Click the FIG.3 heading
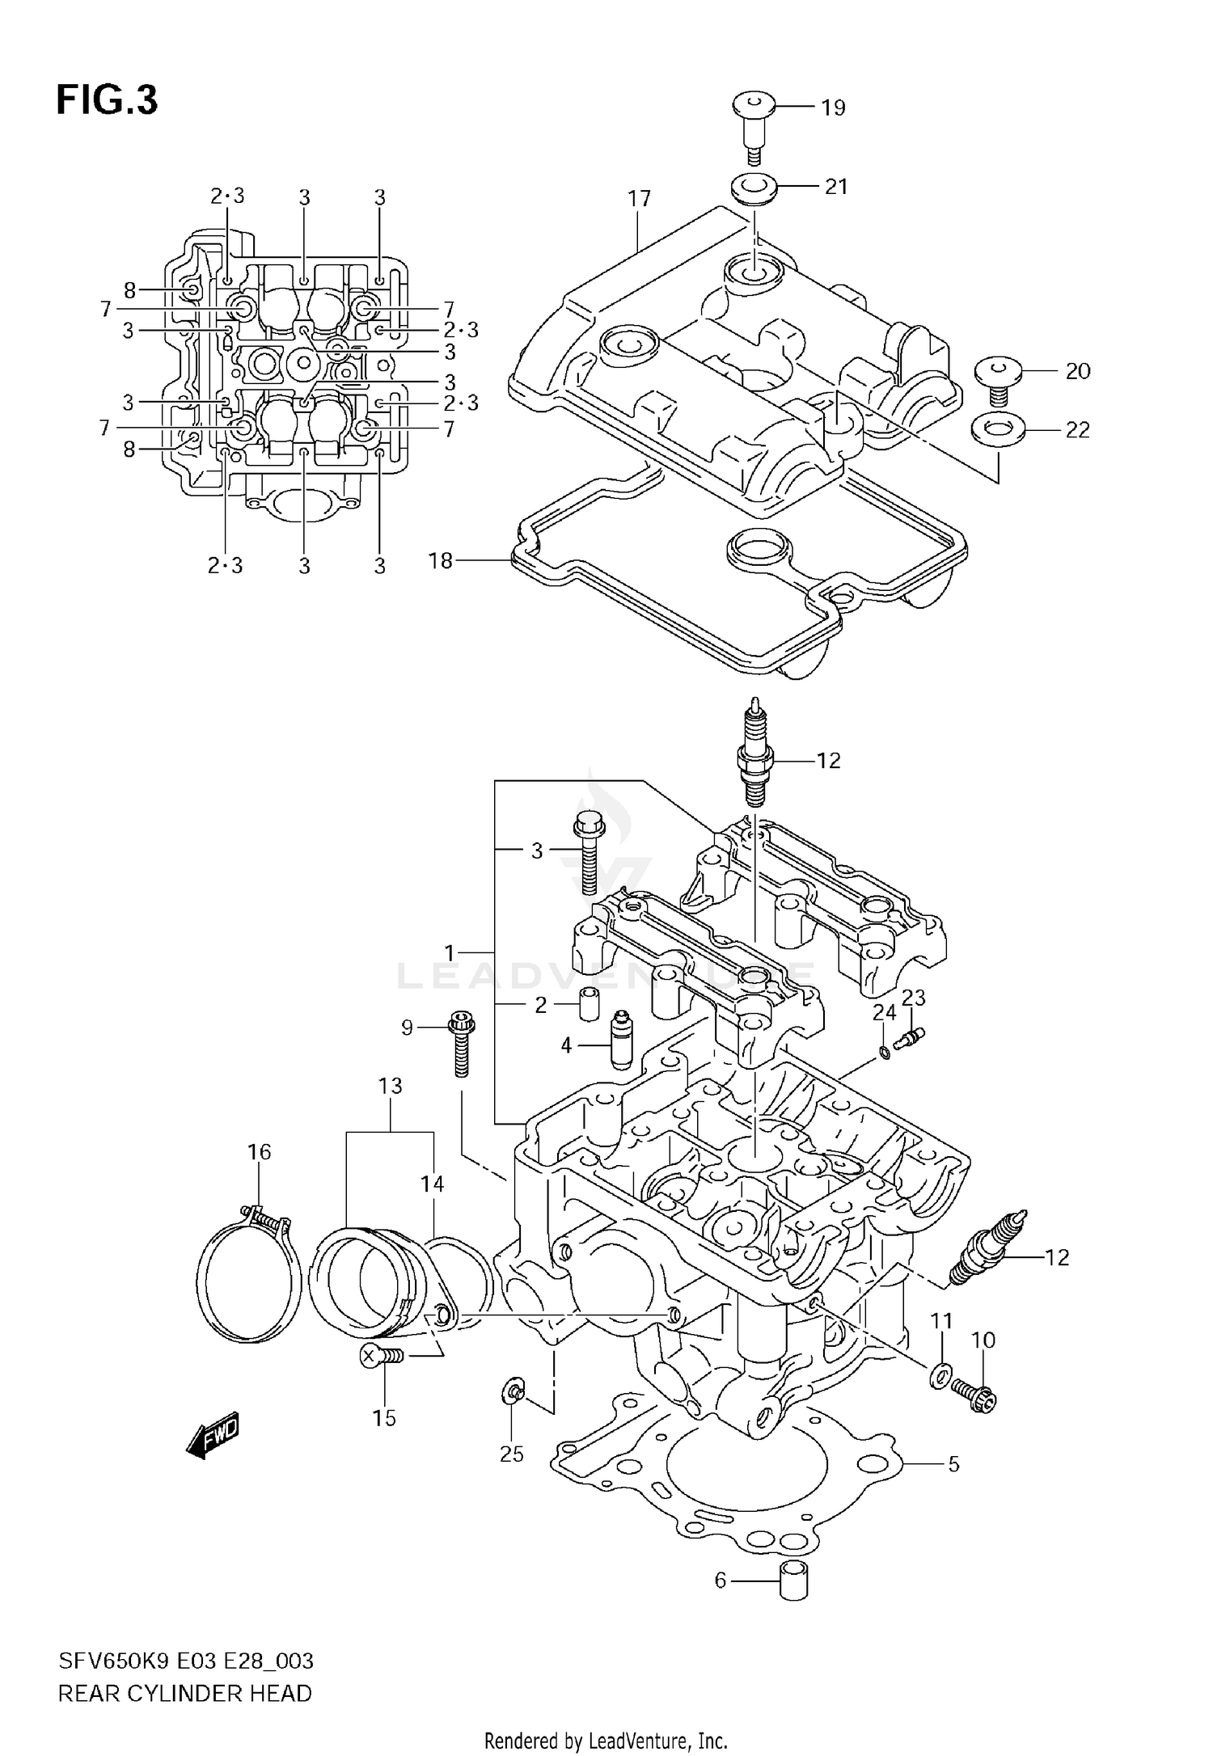[107, 101]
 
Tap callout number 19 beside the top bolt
[833, 108]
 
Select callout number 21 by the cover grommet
[835, 187]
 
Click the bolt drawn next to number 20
[998, 382]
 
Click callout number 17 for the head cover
[639, 199]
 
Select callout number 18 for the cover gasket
[440, 560]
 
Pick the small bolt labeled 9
[461, 1043]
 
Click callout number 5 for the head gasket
[953, 1464]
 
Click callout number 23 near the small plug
[913, 998]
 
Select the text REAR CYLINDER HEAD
[184, 1693]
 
